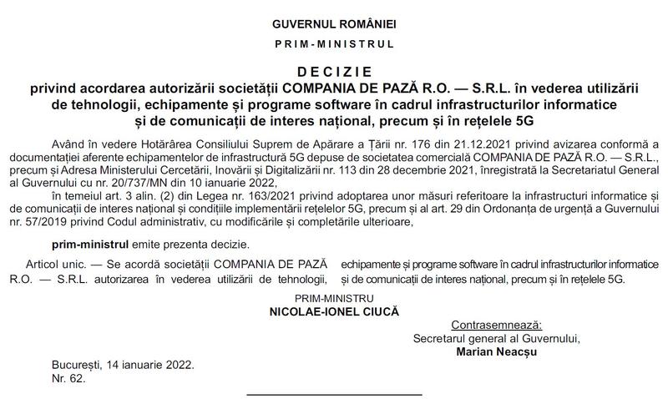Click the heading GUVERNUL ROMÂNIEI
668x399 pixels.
click(x=333, y=24)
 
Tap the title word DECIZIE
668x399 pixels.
click(x=333, y=73)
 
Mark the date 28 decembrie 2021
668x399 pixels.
click(x=426, y=169)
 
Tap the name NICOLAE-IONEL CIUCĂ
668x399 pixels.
click(x=333, y=310)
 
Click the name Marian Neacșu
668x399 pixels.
click(x=496, y=351)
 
